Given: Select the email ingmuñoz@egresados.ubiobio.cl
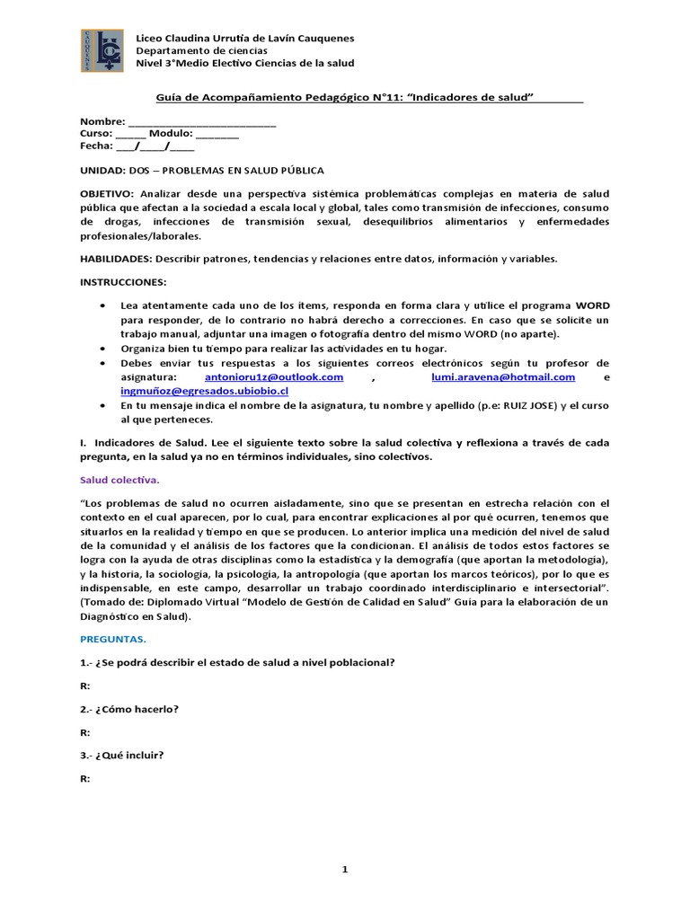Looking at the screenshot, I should point(204,392).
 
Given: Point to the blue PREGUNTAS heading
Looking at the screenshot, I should point(112,640).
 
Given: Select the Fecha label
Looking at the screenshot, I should point(95,146).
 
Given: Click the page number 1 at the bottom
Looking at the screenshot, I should point(344,869).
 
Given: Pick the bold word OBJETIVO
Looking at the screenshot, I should point(106,193).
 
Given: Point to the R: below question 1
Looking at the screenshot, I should point(85,686).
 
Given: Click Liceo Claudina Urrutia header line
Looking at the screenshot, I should point(243,39).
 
